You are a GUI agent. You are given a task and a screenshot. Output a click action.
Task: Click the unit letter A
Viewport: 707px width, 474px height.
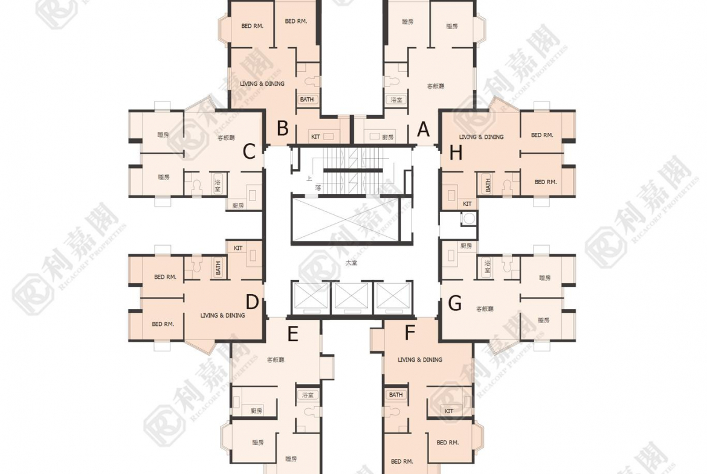point(424,129)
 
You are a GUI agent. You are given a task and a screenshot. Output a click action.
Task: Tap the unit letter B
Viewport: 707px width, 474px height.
point(283,129)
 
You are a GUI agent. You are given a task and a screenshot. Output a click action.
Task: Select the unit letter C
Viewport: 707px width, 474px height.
point(249,152)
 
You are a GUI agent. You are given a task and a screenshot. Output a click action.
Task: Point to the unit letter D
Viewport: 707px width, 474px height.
point(253,301)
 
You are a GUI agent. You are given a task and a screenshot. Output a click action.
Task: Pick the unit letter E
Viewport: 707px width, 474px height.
point(293,334)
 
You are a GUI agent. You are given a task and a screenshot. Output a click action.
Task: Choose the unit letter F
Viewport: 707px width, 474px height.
point(410,333)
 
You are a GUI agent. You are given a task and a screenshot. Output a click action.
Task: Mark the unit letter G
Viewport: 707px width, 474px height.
point(455,303)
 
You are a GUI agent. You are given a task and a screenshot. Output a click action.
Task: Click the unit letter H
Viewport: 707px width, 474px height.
point(456,153)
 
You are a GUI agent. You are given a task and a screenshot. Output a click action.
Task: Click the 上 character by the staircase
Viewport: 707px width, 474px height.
point(309,179)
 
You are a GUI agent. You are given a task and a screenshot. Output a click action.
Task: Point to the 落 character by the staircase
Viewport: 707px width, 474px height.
point(318,188)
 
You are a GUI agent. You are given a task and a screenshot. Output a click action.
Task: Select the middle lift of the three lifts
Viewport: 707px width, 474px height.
point(351,296)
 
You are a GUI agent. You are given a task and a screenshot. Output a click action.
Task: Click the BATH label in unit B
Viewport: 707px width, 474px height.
point(306,100)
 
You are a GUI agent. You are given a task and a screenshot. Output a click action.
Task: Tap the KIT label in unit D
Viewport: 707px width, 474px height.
point(238,248)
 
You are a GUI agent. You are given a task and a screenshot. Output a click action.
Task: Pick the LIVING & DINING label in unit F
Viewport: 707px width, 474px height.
point(420,360)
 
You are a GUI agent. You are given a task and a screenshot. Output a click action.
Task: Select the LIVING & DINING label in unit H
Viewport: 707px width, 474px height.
point(481,137)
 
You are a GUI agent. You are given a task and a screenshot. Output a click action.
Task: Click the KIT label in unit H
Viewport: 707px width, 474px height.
point(467,204)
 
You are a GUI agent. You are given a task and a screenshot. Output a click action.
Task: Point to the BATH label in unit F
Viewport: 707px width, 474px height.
point(396,395)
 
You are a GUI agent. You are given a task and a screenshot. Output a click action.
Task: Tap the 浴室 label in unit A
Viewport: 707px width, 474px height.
point(396,100)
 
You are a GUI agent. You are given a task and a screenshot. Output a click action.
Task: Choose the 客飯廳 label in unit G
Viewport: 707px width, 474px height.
point(485,309)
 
